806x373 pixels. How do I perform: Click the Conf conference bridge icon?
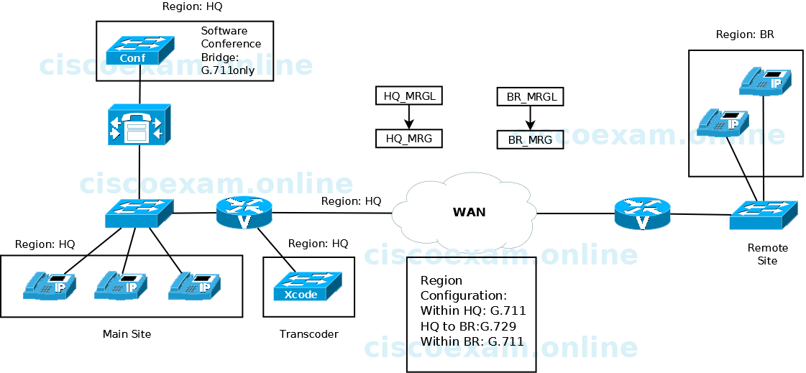[x=139, y=51]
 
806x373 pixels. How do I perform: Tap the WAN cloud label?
[x=469, y=212]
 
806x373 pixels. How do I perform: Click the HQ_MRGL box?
[x=409, y=96]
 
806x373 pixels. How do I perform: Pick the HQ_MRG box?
[x=409, y=138]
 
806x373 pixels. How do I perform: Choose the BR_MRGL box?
[x=531, y=96]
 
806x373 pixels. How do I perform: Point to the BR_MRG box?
[x=531, y=139]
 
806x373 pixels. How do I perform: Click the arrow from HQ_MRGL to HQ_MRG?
[x=409, y=117]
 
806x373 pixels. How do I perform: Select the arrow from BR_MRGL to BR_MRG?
[x=531, y=118]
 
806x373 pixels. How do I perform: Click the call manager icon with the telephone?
[x=138, y=124]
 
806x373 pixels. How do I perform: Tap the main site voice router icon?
[x=244, y=213]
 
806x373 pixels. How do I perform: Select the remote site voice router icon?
[x=642, y=214]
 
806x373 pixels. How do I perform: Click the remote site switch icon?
[x=764, y=213]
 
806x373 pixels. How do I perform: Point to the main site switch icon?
[x=139, y=213]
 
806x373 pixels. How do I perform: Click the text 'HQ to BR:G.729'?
[x=468, y=326]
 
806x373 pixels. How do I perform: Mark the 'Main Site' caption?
[x=127, y=334]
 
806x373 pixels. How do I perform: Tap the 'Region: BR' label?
[x=745, y=34]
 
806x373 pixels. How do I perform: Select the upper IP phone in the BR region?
[x=766, y=81]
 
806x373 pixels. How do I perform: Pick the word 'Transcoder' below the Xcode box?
[x=308, y=334]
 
